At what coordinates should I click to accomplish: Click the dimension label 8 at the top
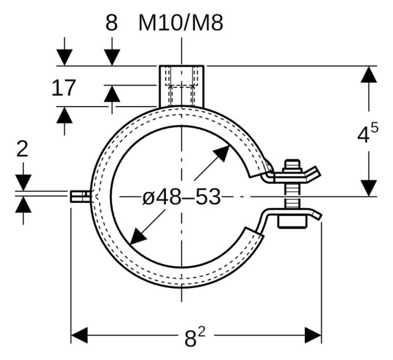pos(111,23)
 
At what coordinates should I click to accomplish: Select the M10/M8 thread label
pos(180,23)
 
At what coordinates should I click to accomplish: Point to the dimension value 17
pos(64,89)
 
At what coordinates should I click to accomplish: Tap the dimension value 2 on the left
pos(23,149)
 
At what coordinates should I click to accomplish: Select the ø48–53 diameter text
pos(181,196)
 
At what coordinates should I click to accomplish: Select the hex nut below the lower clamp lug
pos(293,221)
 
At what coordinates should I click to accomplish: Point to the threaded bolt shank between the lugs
pos(293,194)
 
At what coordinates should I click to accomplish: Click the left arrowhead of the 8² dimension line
pos(79,335)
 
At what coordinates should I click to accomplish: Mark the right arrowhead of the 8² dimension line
pos(314,335)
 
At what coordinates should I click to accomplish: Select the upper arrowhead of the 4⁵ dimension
pos(369,74)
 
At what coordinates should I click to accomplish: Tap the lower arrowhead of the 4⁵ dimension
pos(369,188)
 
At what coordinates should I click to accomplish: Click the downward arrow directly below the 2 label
pos(23,183)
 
